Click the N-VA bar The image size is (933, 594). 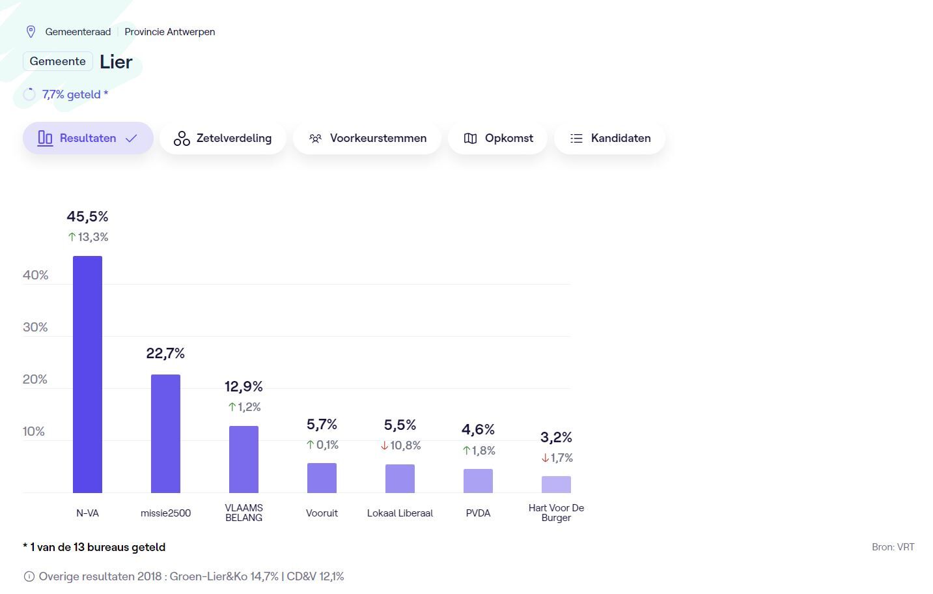click(87, 375)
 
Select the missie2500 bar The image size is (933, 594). click(165, 434)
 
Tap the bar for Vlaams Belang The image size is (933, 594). click(244, 459)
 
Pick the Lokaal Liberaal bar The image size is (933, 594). click(400, 479)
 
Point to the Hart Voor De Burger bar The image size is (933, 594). click(556, 485)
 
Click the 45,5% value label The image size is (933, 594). click(87, 216)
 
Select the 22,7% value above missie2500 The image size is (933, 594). click(165, 354)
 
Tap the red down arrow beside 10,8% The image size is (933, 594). click(385, 445)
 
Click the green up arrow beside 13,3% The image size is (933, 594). click(72, 237)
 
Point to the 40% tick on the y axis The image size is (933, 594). click(35, 275)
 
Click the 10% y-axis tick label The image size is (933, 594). click(34, 431)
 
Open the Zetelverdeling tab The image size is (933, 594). click(223, 138)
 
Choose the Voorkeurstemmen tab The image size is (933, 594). click(367, 138)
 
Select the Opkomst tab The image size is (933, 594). click(498, 138)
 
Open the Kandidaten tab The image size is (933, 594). click(610, 138)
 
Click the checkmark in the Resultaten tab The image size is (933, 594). click(132, 138)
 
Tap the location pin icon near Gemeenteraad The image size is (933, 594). click(31, 31)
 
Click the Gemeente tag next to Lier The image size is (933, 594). click(57, 61)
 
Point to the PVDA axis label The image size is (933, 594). click(478, 513)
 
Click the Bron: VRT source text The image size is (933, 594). click(893, 547)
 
